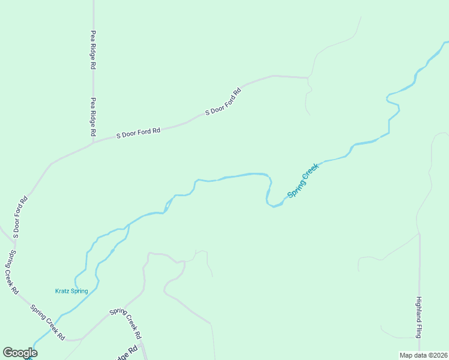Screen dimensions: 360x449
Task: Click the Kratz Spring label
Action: [71, 292]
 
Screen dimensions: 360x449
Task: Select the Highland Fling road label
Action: [419, 316]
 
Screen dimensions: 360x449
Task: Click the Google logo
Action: [20, 353]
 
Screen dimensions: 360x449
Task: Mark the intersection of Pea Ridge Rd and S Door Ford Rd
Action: [94, 142]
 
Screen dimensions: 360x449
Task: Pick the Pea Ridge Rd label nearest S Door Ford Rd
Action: [94, 117]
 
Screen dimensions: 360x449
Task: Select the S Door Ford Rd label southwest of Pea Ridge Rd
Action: [20, 216]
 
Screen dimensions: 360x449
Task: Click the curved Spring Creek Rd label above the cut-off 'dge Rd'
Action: [126, 322]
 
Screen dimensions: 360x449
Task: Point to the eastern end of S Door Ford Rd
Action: [307, 77]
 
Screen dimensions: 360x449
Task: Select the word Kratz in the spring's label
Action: [62, 292]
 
